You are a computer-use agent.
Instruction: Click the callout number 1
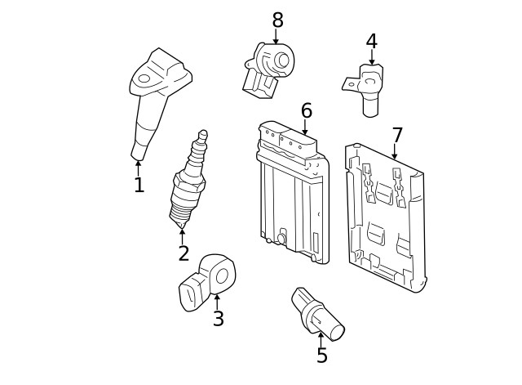[x=139, y=186]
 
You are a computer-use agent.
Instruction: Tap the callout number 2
[x=184, y=253]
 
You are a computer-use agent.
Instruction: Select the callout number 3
[x=218, y=319]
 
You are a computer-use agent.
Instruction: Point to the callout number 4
[x=372, y=41]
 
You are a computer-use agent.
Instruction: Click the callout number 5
[x=322, y=356]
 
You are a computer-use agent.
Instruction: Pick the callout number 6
[x=307, y=110]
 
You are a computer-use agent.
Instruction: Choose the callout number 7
[x=397, y=135]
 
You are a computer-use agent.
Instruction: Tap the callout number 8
[x=277, y=19]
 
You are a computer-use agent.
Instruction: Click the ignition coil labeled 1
[x=155, y=98]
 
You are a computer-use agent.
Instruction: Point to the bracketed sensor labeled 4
[x=369, y=86]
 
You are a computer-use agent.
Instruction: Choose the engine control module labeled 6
[x=292, y=192]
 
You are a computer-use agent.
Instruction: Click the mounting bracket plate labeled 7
[x=385, y=217]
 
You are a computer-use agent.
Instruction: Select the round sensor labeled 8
[x=269, y=65]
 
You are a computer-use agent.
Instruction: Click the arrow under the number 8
[x=276, y=37]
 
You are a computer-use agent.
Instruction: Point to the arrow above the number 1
[x=139, y=167]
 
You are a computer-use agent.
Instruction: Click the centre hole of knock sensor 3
[x=220, y=275]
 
